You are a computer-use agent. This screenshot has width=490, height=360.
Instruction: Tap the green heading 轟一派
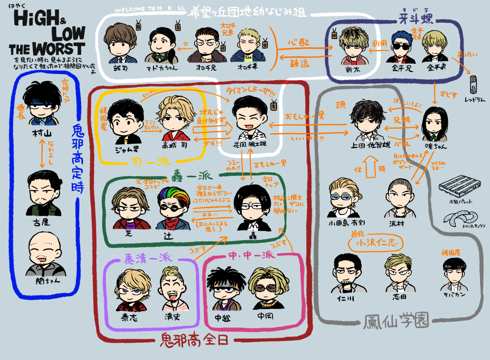click(192, 176)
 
